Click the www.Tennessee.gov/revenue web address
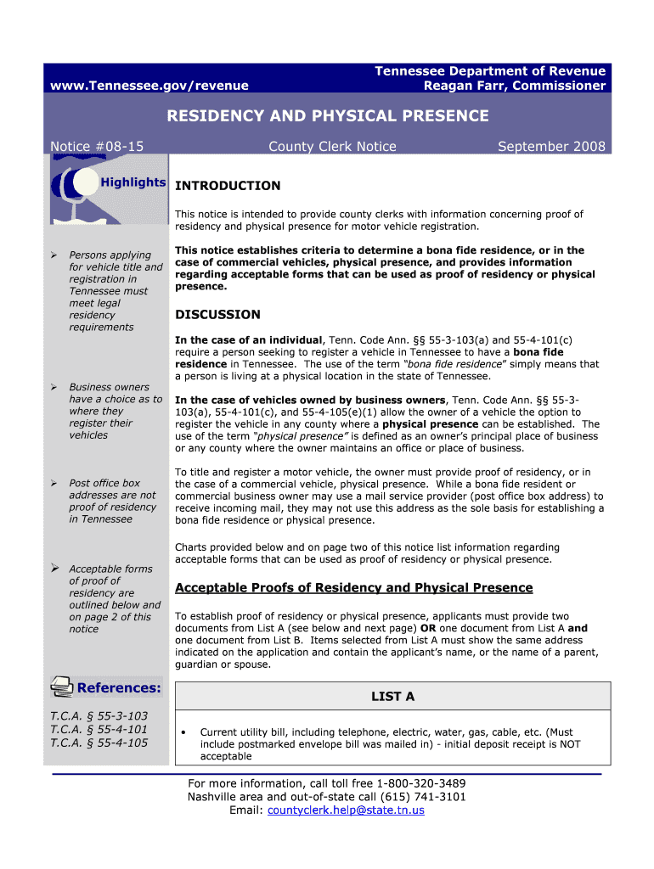(x=149, y=85)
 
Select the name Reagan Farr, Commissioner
(x=515, y=85)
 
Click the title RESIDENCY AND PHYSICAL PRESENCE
(x=328, y=115)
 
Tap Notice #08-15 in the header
(x=98, y=147)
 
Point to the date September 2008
(x=551, y=147)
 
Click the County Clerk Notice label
(x=332, y=147)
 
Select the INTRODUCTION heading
(x=228, y=186)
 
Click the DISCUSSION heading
(x=217, y=315)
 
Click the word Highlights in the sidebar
(x=132, y=182)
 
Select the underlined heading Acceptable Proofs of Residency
(x=353, y=588)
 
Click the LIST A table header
(x=392, y=697)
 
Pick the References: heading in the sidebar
(x=119, y=687)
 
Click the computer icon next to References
(x=61, y=686)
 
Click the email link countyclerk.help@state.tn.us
(x=346, y=810)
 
